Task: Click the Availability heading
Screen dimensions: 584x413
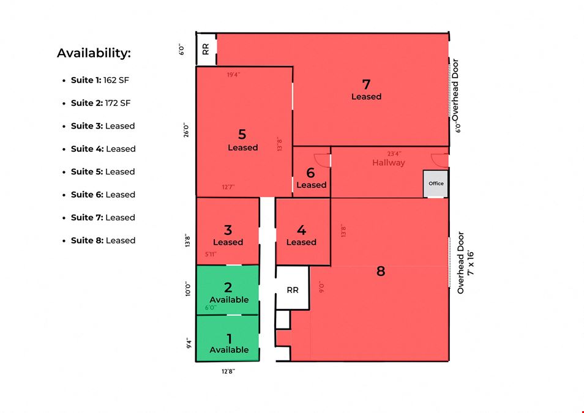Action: (x=94, y=53)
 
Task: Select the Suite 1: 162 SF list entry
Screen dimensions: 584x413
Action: (x=100, y=80)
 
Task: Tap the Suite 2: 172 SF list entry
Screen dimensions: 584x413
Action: (x=100, y=103)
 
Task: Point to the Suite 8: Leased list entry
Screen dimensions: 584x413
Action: (x=103, y=240)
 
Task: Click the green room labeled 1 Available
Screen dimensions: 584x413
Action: (x=228, y=338)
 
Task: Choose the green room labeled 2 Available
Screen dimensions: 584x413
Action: (x=228, y=290)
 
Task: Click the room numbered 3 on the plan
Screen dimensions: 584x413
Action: (x=228, y=231)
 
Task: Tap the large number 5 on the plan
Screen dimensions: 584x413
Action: (x=242, y=134)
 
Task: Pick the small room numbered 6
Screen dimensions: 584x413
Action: (x=312, y=172)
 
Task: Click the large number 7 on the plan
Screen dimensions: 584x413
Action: (x=367, y=84)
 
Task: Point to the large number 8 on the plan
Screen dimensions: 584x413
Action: (x=380, y=271)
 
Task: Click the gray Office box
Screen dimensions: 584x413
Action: (x=436, y=184)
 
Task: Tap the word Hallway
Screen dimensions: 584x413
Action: (x=389, y=163)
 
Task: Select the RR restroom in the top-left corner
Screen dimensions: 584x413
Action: (x=206, y=49)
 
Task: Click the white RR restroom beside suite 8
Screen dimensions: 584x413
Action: (x=293, y=288)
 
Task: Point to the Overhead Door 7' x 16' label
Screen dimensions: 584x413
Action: (x=466, y=263)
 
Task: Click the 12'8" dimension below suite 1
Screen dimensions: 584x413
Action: (x=228, y=371)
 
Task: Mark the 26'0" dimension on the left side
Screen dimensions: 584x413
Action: (x=186, y=131)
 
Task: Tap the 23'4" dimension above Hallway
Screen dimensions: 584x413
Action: (x=394, y=154)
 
